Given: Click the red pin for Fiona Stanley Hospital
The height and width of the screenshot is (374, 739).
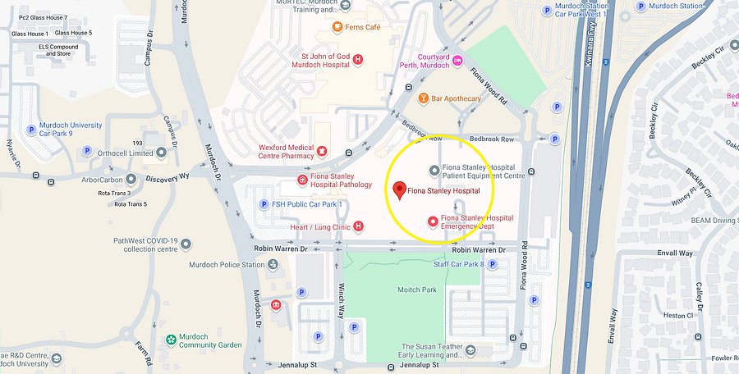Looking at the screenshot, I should [x=399, y=190].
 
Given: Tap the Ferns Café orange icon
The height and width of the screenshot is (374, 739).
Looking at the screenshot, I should [x=337, y=27].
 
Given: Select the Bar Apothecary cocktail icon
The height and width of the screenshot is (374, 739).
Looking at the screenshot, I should [x=424, y=98].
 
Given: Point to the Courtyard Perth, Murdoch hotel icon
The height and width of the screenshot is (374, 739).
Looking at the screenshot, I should [x=458, y=61].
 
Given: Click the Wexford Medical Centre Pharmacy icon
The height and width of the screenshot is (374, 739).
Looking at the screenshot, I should [x=323, y=151].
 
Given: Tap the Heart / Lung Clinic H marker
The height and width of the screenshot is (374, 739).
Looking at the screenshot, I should [x=358, y=226].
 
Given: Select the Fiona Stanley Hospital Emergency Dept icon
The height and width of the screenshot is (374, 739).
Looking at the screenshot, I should [x=434, y=221].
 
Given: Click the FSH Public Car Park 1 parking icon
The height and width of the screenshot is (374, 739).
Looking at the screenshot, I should [x=264, y=204].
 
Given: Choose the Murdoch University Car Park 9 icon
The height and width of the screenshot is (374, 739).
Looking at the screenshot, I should [x=31, y=129].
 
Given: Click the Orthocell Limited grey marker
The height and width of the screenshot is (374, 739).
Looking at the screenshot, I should [x=88, y=152].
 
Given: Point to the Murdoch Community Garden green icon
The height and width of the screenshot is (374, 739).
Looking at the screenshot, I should [x=171, y=340].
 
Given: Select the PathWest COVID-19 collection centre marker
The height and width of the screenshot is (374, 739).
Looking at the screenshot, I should [x=186, y=244].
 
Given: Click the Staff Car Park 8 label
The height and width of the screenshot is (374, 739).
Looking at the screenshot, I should [x=458, y=264].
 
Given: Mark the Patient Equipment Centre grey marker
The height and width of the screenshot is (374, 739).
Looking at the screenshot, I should [x=435, y=170].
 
